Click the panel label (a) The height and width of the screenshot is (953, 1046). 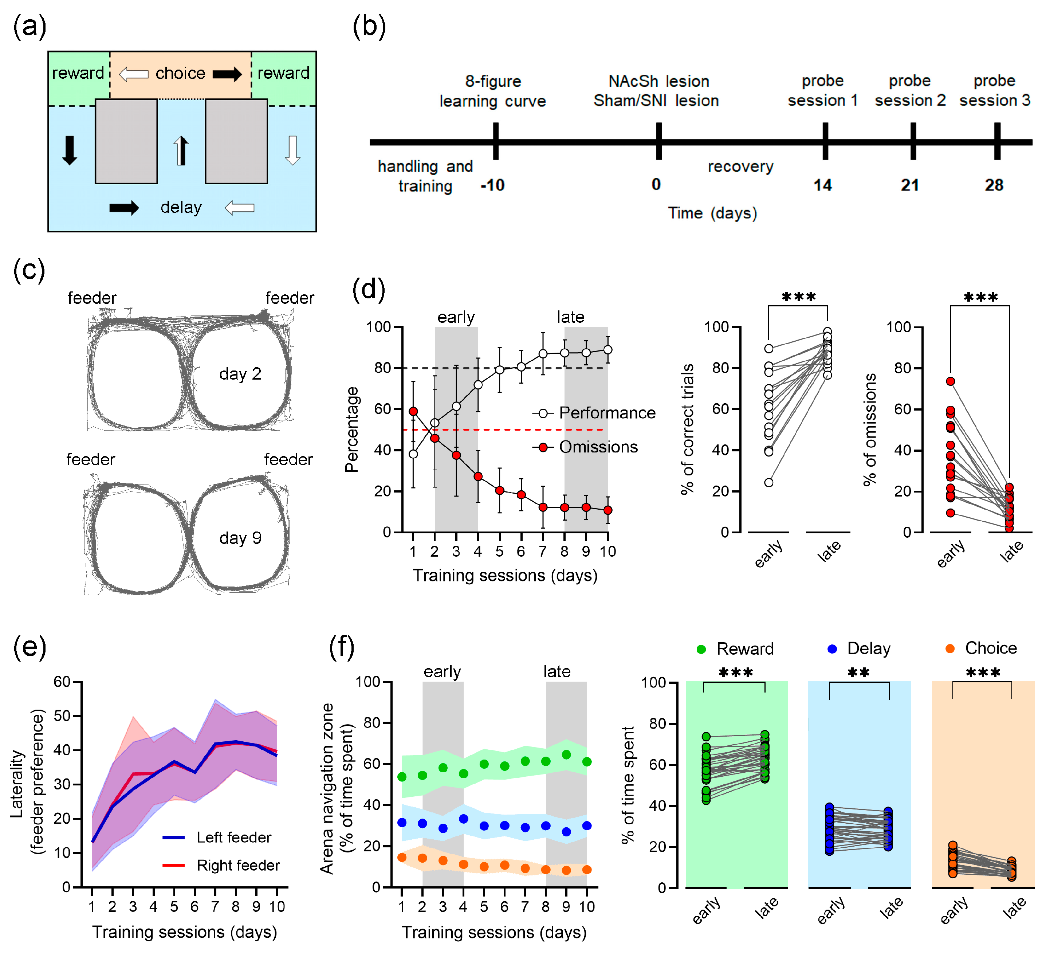click(30, 27)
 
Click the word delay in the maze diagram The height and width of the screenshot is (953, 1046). click(181, 207)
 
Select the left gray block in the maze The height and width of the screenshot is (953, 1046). click(126, 141)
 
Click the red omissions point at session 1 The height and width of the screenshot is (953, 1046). click(413, 411)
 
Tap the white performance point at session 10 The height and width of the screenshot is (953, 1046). click(607, 350)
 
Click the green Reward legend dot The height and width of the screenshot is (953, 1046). click(701, 649)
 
